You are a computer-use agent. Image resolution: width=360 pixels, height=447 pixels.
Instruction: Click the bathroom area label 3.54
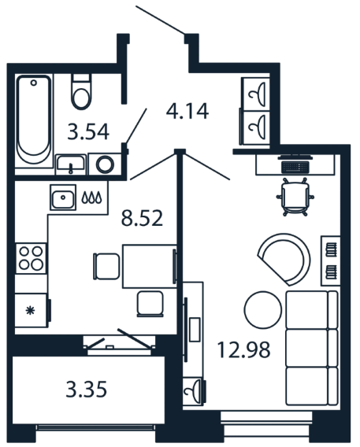point(88,131)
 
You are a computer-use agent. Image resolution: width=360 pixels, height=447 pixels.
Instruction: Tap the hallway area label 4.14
point(187,111)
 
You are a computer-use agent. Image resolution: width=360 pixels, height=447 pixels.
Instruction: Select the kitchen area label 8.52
point(142,218)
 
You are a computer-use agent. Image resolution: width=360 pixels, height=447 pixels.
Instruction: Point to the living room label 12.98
point(243,349)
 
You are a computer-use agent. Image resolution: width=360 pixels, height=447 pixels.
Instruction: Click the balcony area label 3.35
point(87,389)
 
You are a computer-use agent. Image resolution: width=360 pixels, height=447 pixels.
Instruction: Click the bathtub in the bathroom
point(34,120)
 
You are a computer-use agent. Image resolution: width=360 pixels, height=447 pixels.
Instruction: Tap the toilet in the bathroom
point(81,91)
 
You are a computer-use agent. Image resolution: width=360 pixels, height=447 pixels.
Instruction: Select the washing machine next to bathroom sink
point(105,164)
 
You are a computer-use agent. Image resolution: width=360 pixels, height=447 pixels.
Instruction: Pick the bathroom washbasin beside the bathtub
point(71,164)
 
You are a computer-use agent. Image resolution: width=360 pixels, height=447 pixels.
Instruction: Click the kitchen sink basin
point(63,198)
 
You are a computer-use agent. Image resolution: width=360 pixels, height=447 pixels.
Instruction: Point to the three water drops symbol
point(91,198)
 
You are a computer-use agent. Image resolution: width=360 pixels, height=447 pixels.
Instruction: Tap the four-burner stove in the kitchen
point(31,258)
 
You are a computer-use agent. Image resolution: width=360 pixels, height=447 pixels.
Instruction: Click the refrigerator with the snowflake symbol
point(32,310)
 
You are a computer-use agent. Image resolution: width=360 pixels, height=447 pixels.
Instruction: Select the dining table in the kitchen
point(150,266)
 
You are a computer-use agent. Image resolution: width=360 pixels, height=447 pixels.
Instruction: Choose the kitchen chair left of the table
point(106,267)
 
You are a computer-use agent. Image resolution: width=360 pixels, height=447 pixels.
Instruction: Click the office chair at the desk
point(295,197)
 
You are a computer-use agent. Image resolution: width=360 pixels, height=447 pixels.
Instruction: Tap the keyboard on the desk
point(295,168)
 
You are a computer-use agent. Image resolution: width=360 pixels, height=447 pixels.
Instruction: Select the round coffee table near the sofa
point(263,309)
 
